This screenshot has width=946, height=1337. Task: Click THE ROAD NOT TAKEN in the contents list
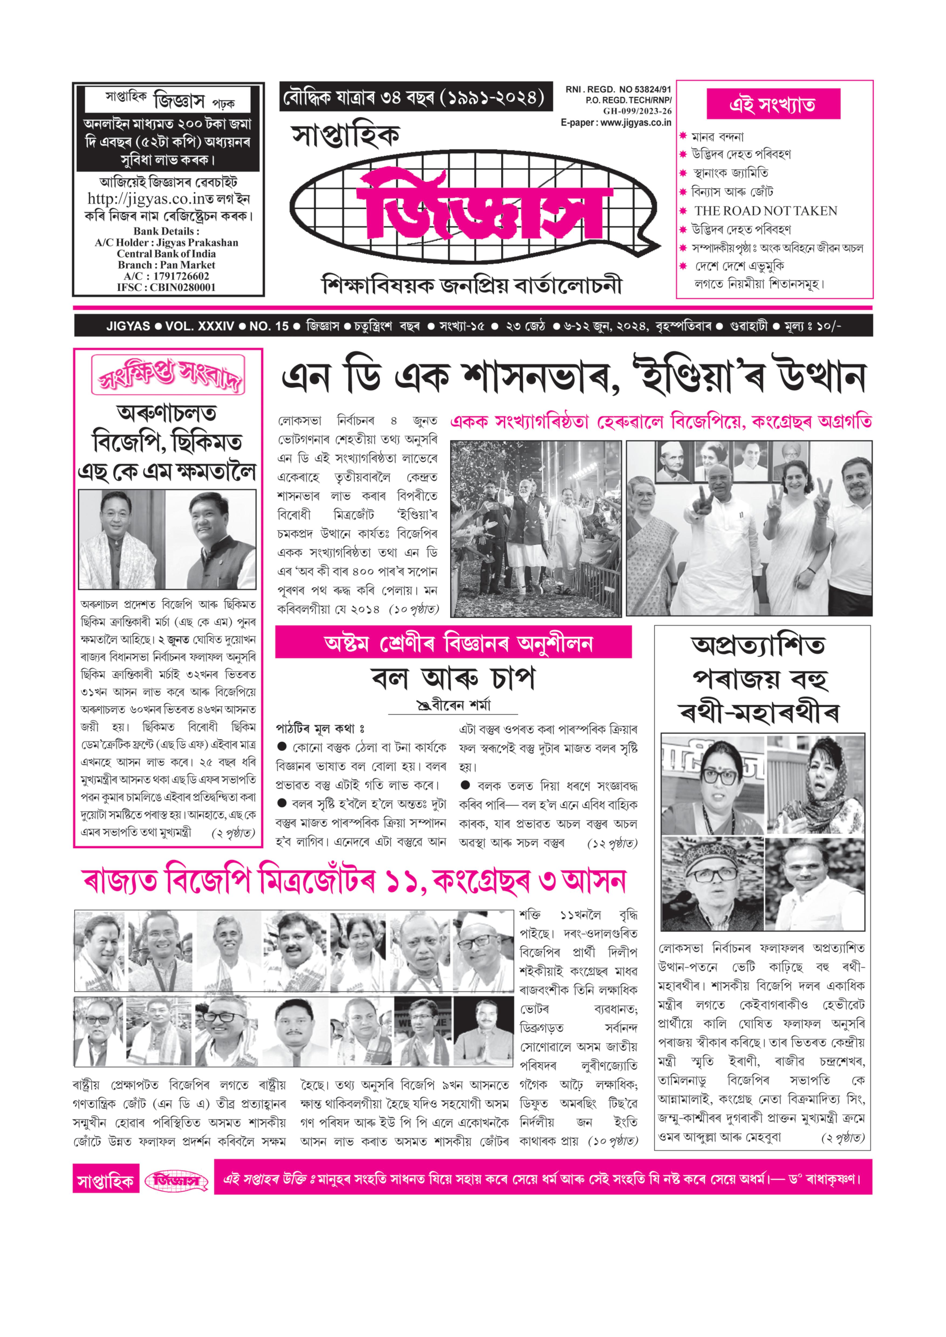point(765,211)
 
